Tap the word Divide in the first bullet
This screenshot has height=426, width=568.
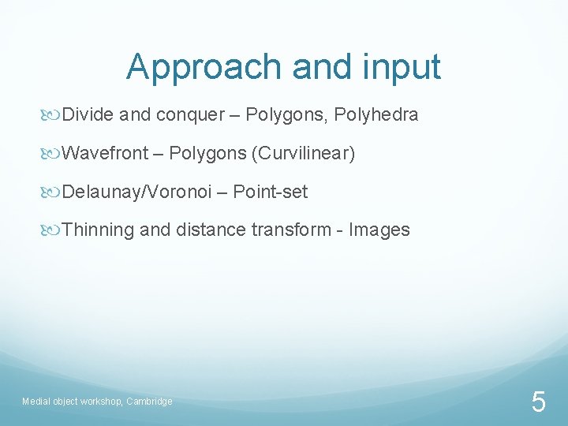tap(88, 115)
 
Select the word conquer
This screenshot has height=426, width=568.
tap(190, 115)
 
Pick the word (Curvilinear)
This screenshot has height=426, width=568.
tap(303, 153)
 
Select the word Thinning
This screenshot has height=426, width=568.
tap(98, 230)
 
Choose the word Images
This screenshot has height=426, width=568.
tap(379, 230)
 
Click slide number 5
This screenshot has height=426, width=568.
tap(538, 402)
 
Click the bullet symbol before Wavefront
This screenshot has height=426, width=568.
tap(54, 154)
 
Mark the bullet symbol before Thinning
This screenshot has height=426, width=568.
tap(54, 230)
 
